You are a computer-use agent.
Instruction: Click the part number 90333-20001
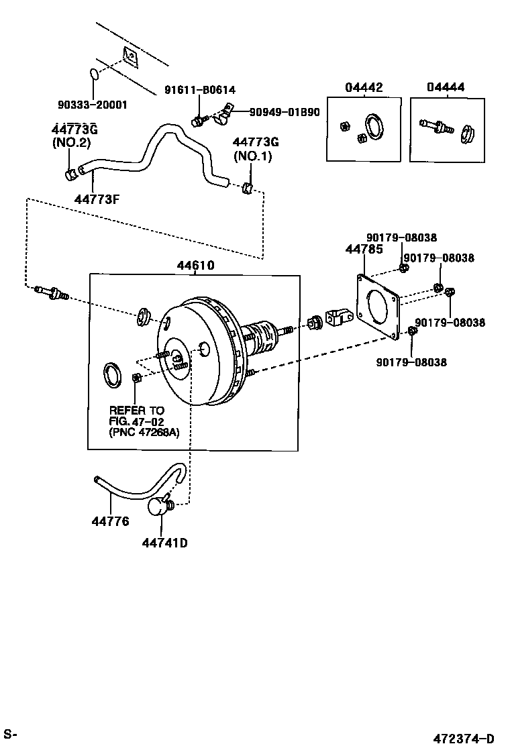pyautogui.click(x=92, y=105)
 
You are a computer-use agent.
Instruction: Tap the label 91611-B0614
pyautogui.click(x=200, y=90)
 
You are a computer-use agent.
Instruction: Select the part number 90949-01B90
pyautogui.click(x=285, y=112)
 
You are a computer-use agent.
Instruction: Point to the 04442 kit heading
pyautogui.click(x=364, y=88)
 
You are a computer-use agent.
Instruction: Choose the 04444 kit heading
pyautogui.click(x=446, y=88)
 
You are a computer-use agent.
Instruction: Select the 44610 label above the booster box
pyautogui.click(x=195, y=265)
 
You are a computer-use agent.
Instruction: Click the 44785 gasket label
pyautogui.click(x=364, y=250)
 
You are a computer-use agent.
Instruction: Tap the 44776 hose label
pyautogui.click(x=111, y=521)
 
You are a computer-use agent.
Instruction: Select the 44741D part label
pyautogui.click(x=164, y=542)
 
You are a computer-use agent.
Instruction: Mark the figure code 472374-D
pyautogui.click(x=463, y=738)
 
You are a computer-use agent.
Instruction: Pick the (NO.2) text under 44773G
pyautogui.click(x=70, y=143)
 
